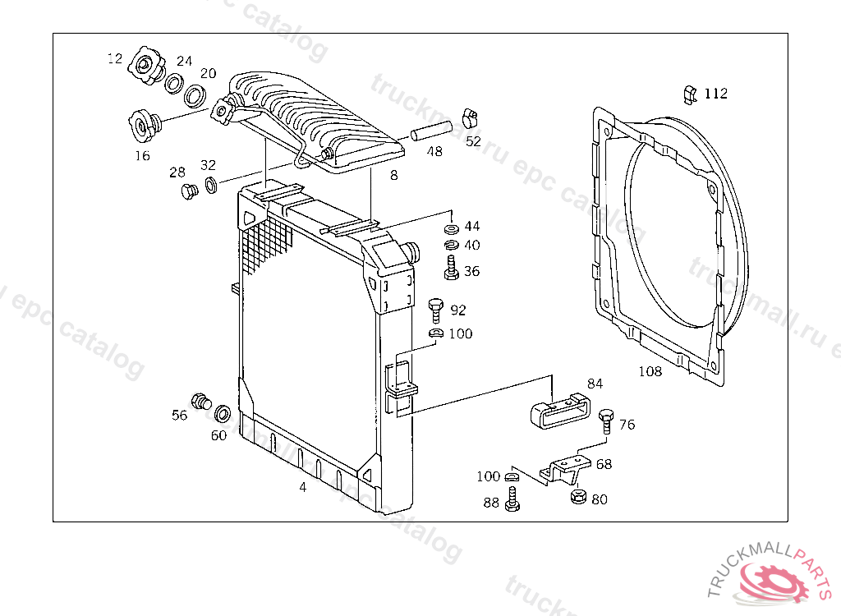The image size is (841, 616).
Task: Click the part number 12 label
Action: click(114, 58)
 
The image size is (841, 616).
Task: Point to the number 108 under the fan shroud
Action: click(650, 371)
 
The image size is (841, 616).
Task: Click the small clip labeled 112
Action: click(689, 94)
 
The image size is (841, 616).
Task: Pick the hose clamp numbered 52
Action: click(470, 117)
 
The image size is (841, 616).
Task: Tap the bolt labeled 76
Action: click(606, 419)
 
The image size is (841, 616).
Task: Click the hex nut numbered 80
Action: click(577, 498)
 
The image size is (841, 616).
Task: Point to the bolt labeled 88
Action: click(512, 498)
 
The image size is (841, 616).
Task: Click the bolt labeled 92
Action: click(436, 310)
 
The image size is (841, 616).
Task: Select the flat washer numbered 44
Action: click(450, 227)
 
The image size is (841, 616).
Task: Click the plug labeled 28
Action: click(189, 193)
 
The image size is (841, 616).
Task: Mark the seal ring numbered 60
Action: click(222, 411)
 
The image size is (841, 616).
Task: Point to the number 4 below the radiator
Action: click(302, 487)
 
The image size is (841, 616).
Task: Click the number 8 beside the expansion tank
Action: click(393, 175)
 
